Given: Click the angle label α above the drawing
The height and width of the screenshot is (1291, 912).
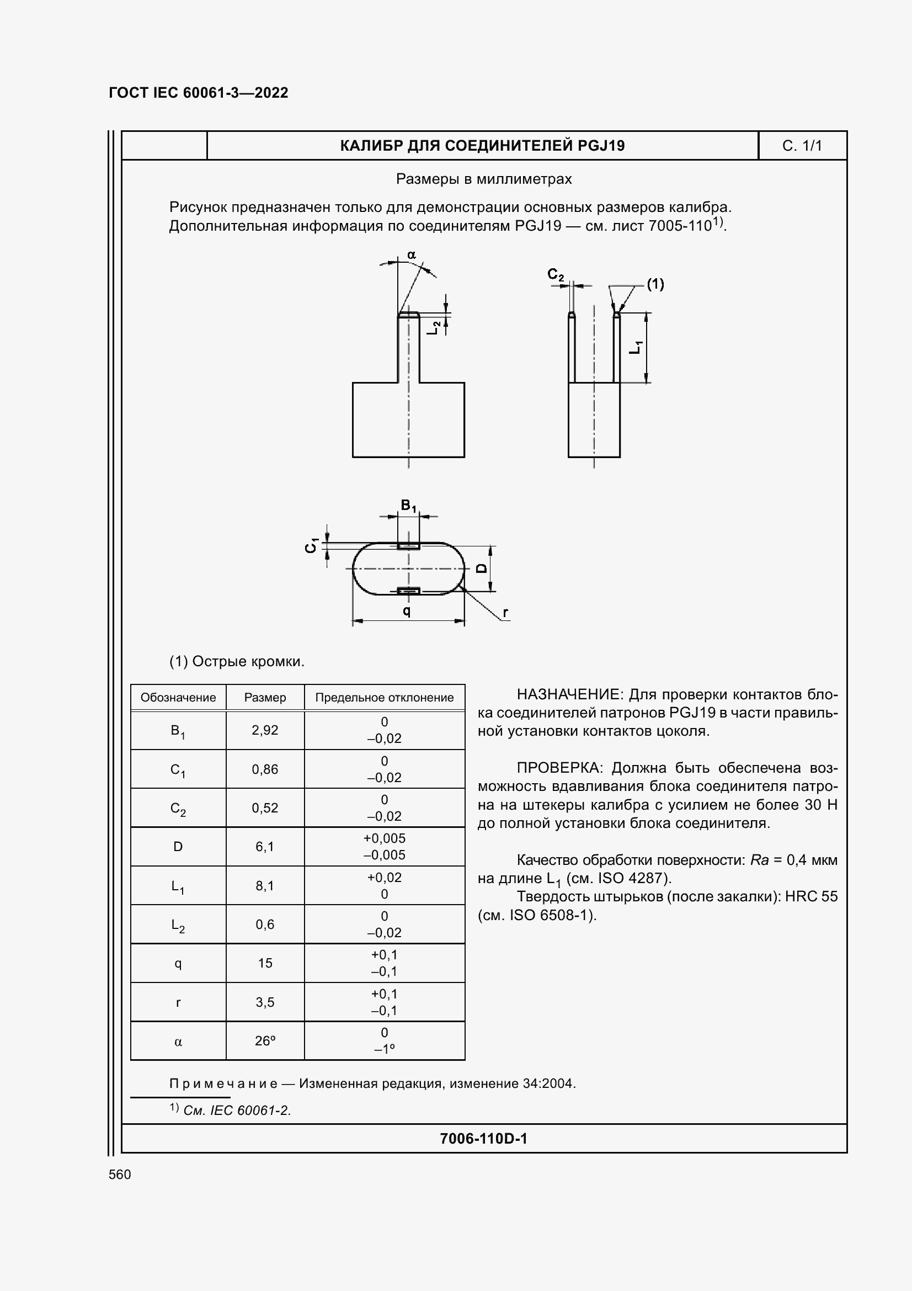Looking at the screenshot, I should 412,254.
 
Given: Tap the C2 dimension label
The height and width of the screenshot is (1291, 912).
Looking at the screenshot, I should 555,274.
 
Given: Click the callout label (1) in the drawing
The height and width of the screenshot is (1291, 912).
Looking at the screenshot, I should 655,284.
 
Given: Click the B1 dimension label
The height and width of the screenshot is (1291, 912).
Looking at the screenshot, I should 408,506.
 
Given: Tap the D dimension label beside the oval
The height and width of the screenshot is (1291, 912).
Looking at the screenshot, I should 482,568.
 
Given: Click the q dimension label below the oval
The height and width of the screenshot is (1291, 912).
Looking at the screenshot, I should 407,610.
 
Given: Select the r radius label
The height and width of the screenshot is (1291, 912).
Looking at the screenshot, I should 506,612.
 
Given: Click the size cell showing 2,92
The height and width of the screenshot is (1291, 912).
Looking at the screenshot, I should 265,730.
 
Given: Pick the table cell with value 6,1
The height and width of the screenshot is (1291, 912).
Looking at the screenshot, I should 265,846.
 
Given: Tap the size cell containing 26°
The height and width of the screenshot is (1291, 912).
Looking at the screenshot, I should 265,1041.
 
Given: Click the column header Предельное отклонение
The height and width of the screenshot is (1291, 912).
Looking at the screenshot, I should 385,697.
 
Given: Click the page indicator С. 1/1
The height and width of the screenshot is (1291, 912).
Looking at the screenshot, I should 802,146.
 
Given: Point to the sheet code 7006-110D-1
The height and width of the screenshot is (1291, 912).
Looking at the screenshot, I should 483,1139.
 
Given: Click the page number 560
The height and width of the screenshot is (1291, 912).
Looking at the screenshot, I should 120,1175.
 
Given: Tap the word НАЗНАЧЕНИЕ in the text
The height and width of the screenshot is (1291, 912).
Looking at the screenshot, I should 569,694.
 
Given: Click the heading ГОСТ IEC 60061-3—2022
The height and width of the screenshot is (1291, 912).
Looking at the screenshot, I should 199,93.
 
